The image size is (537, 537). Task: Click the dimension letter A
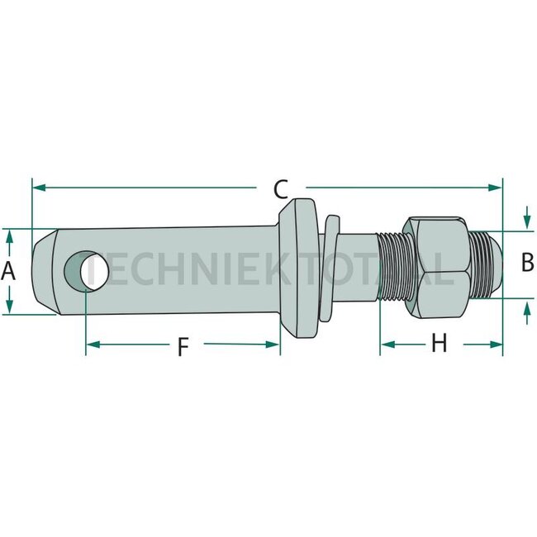click(8, 271)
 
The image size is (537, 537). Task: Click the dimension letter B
click(527, 262)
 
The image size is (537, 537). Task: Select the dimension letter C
click(281, 189)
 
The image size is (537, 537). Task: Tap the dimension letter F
click(183, 346)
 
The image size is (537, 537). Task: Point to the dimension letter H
click(439, 343)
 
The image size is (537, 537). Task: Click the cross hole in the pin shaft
click(86, 271)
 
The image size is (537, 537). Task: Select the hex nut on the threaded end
click(435, 267)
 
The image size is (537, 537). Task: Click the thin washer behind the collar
click(330, 268)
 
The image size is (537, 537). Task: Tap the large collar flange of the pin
click(298, 268)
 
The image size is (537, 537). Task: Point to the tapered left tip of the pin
click(45, 272)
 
